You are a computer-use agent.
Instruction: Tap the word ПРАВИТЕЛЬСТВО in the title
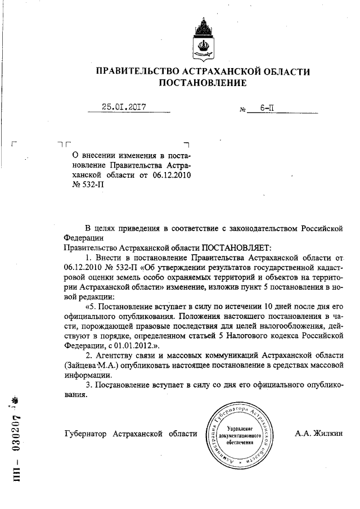[x=133, y=71]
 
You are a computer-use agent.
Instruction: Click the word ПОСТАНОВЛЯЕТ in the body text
[x=236, y=247]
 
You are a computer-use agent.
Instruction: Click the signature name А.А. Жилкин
[x=318, y=434]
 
